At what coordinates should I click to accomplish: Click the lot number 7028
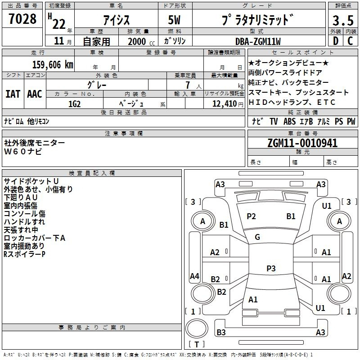[22, 19]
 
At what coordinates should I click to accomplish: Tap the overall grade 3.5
[343, 20]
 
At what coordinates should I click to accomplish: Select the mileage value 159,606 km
[53, 64]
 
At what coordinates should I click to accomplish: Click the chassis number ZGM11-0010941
[302, 143]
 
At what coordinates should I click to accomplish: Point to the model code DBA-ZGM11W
[258, 41]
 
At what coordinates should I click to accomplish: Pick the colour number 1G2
[74, 104]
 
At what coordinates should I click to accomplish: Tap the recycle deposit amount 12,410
[225, 104]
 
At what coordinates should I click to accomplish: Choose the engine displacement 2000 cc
[141, 41]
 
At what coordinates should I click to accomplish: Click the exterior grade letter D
[336, 41]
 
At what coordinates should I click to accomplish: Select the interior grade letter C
[350, 41]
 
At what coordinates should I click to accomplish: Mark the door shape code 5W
[174, 20]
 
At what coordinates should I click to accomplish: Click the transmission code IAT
[13, 94]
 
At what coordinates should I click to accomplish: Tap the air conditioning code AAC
[35, 94]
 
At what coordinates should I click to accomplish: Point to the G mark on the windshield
[257, 237]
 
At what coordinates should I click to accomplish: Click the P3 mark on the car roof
[271, 268]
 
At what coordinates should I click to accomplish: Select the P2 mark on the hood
[251, 216]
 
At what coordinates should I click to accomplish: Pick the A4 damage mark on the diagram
[194, 276]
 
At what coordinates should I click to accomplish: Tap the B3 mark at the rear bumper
[221, 332]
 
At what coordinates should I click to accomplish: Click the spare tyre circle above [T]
[197, 328]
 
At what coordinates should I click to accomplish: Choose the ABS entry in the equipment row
[289, 121]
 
